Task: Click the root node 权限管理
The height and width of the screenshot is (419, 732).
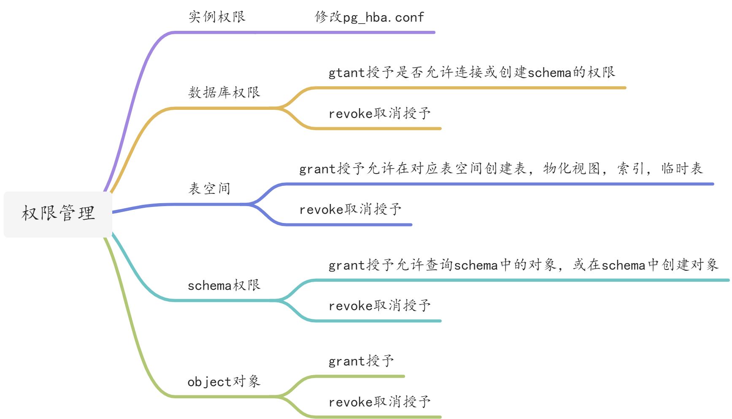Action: click(x=58, y=213)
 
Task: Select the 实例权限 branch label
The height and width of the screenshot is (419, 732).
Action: click(x=217, y=17)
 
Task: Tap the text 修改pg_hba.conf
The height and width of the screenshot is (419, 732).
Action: click(x=369, y=17)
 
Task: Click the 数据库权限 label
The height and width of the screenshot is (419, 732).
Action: click(x=224, y=93)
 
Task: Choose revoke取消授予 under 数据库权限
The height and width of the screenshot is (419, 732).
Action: click(x=380, y=113)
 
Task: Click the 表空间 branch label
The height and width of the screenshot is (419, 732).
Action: click(x=209, y=188)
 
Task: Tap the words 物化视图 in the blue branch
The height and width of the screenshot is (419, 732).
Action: click(x=572, y=169)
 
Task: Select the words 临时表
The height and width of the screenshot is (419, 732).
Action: click(x=682, y=169)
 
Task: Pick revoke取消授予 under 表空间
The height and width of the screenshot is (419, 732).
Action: click(x=350, y=209)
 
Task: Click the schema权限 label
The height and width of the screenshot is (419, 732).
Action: click(x=224, y=286)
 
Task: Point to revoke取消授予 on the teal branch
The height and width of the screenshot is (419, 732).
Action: click(x=380, y=305)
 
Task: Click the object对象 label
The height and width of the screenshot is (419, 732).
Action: click(x=224, y=382)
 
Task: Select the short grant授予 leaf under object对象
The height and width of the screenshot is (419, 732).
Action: click(x=361, y=361)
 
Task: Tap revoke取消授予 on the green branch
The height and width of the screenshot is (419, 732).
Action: click(x=380, y=402)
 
